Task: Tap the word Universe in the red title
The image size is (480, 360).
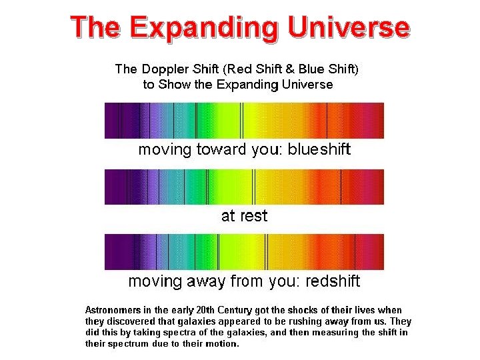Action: (350, 27)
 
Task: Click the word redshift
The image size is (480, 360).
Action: (333, 281)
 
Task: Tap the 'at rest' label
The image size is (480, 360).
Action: (244, 215)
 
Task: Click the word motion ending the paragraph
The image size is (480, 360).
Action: (222, 344)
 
